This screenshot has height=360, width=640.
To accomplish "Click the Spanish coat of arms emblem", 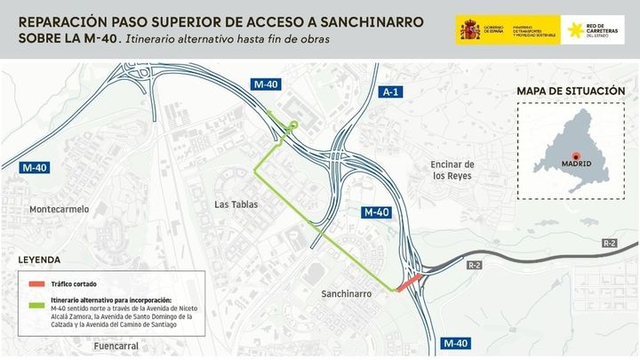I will [469, 29].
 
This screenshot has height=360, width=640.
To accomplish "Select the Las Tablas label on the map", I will [236, 204].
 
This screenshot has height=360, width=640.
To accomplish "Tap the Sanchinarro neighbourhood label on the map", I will [347, 292].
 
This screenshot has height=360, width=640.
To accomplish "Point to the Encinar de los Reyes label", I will [452, 170].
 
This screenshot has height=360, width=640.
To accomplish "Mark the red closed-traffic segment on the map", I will [408, 283].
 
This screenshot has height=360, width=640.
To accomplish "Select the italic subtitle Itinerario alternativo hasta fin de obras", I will [227, 38].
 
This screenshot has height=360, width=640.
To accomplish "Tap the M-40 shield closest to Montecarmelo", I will [35, 167].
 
